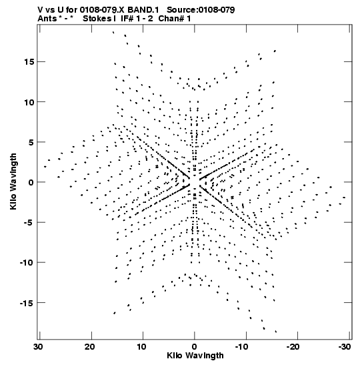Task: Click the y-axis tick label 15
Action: pos(29,62)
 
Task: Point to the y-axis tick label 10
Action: pos(29,102)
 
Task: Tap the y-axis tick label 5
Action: pos(31,142)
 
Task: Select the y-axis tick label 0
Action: pos(31,182)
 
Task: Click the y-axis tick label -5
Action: pos(29,222)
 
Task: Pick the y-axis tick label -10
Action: pos(27,262)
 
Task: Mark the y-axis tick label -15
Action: pos(27,303)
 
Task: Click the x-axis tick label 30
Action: pos(39,347)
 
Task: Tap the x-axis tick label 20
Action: pos(90,347)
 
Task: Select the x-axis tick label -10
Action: pos(244,347)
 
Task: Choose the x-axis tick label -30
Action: pos(345,347)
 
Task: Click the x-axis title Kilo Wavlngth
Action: pos(195,356)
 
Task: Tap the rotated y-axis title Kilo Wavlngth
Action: pos(13,181)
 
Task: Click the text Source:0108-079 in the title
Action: pos(201,10)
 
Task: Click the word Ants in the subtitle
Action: pos(47,19)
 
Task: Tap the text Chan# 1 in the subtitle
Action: pos(175,19)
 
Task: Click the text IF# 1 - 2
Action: pos(137,19)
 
